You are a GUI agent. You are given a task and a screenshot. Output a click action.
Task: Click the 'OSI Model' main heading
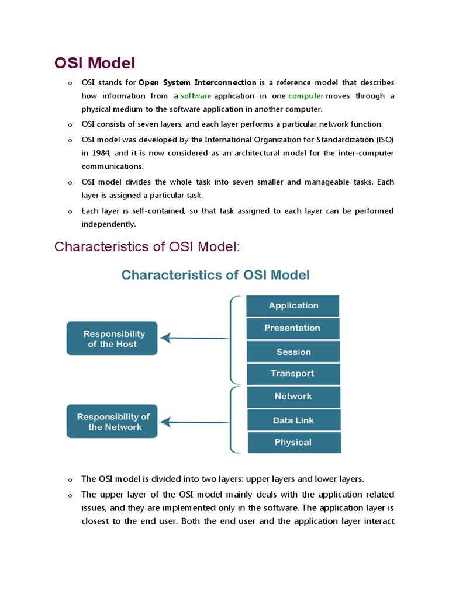click(x=95, y=62)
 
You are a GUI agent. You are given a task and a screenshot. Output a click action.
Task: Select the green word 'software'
click(x=196, y=96)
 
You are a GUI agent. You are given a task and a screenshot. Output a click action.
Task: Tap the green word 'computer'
click(x=306, y=96)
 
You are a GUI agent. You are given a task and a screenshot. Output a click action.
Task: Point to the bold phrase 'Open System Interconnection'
click(x=197, y=82)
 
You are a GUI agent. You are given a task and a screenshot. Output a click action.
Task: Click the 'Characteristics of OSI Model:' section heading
click(x=147, y=246)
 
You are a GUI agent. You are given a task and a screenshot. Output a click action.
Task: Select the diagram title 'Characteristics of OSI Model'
click(x=215, y=274)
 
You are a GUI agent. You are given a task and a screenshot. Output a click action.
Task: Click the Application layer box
click(x=293, y=306)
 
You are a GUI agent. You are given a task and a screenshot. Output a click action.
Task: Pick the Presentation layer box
click(x=292, y=328)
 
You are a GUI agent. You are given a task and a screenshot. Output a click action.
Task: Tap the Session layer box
click(x=293, y=352)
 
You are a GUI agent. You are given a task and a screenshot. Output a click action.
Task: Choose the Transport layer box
click(x=292, y=374)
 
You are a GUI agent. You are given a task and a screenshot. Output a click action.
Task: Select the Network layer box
click(x=293, y=397)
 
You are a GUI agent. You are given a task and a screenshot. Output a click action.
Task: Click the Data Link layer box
click(x=293, y=420)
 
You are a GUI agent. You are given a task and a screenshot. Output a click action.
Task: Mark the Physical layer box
click(x=293, y=442)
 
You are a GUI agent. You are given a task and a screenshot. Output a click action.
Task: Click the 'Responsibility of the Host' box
click(x=112, y=339)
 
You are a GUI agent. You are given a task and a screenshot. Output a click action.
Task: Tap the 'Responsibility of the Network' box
click(x=112, y=422)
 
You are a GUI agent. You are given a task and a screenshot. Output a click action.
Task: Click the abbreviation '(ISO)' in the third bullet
click(x=382, y=139)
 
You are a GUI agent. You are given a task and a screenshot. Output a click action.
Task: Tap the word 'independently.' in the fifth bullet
click(x=109, y=224)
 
